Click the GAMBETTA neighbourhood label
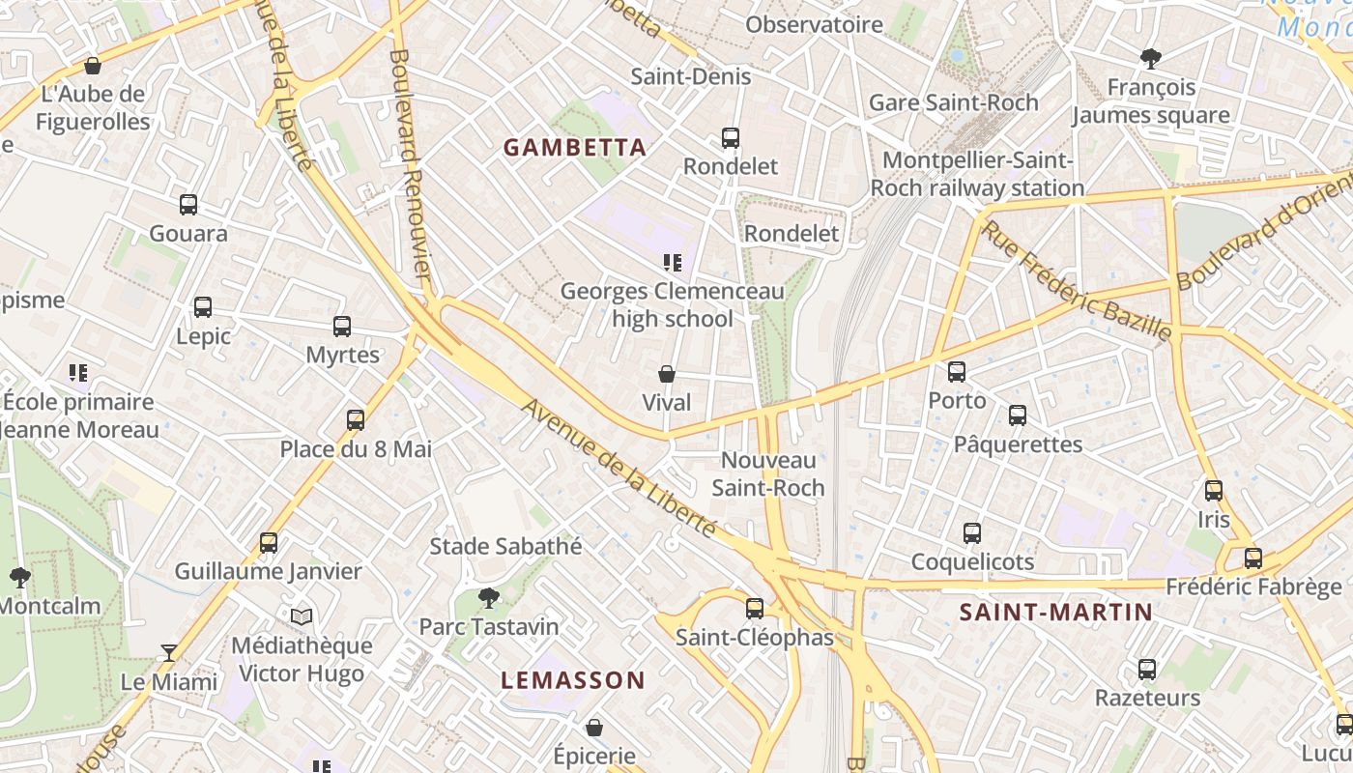pyautogui.click(x=574, y=148)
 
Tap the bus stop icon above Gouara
pyautogui.click(x=188, y=205)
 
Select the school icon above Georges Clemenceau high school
pyautogui.click(x=673, y=262)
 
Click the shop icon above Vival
pyautogui.click(x=667, y=374)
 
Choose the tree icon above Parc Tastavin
pyautogui.click(x=489, y=598)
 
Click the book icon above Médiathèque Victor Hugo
pyautogui.click(x=302, y=616)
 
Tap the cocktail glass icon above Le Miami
pyautogui.click(x=169, y=653)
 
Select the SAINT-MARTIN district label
pyautogui.click(x=1055, y=612)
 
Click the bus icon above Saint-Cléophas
pyautogui.click(x=755, y=609)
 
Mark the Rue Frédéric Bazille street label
pyautogui.click(x=1077, y=281)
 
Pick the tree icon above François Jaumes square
pyautogui.click(x=1150, y=59)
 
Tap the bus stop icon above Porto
pyautogui.click(x=957, y=372)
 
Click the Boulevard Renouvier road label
pyautogui.click(x=410, y=164)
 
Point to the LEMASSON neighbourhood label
pyautogui.click(x=572, y=680)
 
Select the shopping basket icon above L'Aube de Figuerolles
pyautogui.click(x=93, y=66)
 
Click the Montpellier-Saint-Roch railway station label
pyautogui.click(x=977, y=174)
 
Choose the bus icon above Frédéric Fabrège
pyautogui.click(x=1253, y=558)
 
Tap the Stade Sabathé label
pyautogui.click(x=505, y=546)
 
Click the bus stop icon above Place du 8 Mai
pyautogui.click(x=356, y=420)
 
